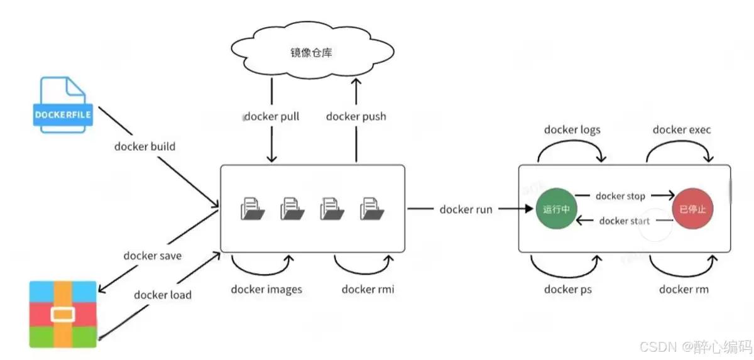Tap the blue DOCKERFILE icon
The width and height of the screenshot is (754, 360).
click(x=63, y=104)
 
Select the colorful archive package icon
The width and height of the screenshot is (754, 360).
click(x=63, y=314)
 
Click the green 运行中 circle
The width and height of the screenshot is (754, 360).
click(x=556, y=209)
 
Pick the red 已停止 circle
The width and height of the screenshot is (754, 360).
click(x=692, y=209)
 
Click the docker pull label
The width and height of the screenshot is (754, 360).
click(x=271, y=116)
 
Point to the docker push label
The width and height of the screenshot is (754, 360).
click(x=356, y=116)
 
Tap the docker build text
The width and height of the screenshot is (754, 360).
click(x=145, y=146)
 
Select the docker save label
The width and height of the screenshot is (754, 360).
click(x=153, y=255)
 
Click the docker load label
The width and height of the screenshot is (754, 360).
click(x=163, y=295)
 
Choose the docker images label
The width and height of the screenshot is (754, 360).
click(x=266, y=289)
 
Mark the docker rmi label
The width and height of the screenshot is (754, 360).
click(x=368, y=289)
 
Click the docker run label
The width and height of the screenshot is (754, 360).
click(x=466, y=209)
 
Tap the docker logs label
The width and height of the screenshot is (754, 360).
click(x=572, y=130)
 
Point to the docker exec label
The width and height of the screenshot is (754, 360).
click(x=682, y=130)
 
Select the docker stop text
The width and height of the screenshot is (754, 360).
click(x=620, y=196)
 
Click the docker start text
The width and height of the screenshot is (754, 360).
click(x=624, y=221)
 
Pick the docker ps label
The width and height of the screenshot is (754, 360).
click(x=568, y=289)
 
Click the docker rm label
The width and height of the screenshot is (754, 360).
click(x=683, y=289)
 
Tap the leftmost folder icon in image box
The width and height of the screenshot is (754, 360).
click(x=253, y=209)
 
